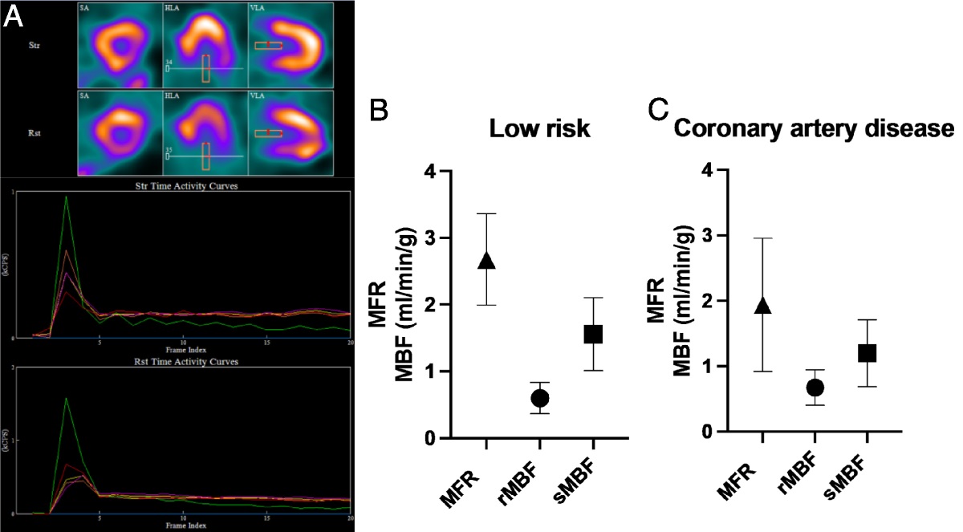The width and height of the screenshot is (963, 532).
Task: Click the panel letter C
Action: (659, 112)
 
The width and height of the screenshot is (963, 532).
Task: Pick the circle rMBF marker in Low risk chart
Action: (540, 398)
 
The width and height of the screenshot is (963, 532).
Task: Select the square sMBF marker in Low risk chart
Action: (593, 334)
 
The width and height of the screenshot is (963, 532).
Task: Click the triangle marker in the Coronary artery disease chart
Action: (763, 305)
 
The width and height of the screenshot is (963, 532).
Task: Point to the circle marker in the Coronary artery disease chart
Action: (815, 388)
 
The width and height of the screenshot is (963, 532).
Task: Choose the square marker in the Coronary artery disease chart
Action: (868, 353)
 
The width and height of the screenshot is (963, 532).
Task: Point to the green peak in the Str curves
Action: (66, 197)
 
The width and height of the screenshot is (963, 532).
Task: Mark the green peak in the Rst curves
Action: (66, 398)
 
